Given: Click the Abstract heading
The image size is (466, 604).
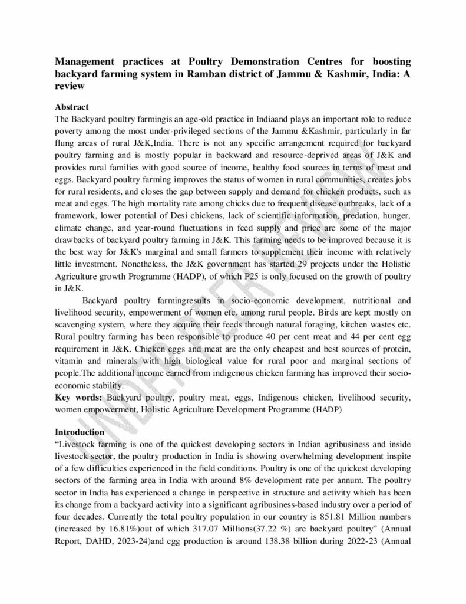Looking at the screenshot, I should tap(71, 107).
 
